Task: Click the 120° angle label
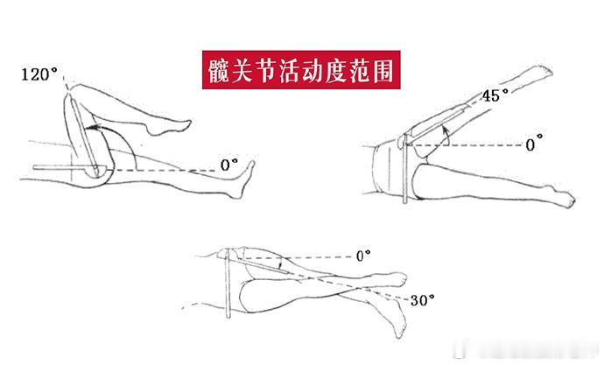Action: coord(39,74)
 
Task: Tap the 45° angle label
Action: coord(495,95)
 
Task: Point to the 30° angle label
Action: coord(423,300)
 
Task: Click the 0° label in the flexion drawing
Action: coord(229,165)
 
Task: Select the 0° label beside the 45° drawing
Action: coord(534,144)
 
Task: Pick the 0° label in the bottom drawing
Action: coord(363,256)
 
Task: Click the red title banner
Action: coord(301,70)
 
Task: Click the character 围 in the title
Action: coord(383,70)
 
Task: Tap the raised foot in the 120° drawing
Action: coord(169,127)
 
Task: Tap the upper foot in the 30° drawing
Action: coord(390,279)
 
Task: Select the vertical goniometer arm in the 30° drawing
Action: coord(228,284)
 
